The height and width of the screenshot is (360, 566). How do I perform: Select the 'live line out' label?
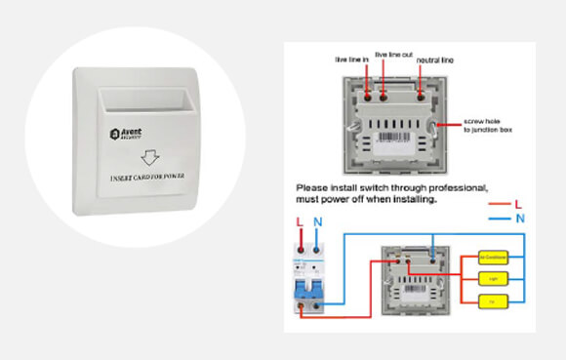[393, 55]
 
